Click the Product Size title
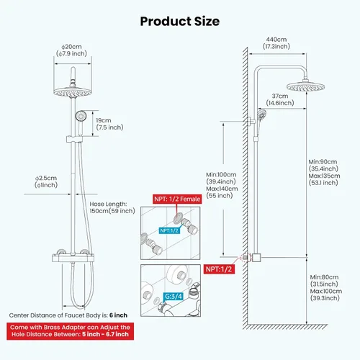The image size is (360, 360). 180,21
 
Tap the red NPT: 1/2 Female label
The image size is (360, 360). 177,199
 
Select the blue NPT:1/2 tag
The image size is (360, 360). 169,230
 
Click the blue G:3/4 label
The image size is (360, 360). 174,297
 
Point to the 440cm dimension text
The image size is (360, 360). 276,40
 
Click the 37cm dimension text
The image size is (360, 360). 280,96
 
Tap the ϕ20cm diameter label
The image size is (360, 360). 71,47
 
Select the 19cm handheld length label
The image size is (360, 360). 104,120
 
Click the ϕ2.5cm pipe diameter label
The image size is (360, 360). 46,178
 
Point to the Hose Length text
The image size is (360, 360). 108,204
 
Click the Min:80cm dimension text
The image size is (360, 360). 324,277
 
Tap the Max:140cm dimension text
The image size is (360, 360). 222,189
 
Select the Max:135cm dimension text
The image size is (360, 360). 324,176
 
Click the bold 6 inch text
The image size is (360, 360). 118,315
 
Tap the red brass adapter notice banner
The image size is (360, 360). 70,331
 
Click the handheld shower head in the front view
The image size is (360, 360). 81,116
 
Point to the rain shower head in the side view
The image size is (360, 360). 305,86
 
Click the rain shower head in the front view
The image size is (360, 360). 73,92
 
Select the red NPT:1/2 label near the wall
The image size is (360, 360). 219,269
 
